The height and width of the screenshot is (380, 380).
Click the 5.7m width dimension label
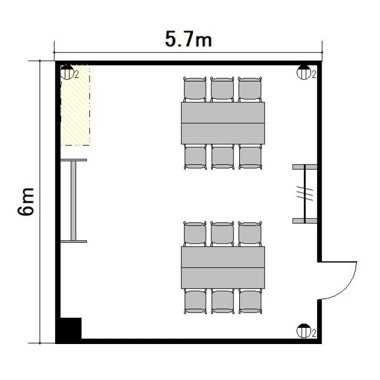tap(188, 39)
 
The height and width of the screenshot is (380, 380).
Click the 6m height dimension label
tap(26, 201)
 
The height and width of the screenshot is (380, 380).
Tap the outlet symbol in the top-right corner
tap(304, 72)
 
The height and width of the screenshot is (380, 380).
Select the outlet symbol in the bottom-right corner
tap(304, 331)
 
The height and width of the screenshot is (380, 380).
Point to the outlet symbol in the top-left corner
tap(67, 72)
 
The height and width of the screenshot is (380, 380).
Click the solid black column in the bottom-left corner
tap(68, 330)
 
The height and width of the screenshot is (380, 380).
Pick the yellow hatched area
tap(75, 105)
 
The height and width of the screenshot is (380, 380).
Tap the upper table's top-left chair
tap(195, 89)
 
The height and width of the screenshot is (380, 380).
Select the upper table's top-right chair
tap(250, 89)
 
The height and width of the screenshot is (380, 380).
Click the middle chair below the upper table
tap(222, 157)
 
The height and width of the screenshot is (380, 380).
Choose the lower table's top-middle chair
tap(222, 234)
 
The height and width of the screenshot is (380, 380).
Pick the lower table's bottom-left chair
tap(196, 301)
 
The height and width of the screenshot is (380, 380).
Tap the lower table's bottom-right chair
tap(250, 301)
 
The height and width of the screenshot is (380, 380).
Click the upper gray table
tap(223, 123)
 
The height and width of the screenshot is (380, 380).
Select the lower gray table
tap(223, 268)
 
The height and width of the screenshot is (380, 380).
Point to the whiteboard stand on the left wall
tap(73, 201)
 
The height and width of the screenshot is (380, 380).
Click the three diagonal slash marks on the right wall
tap(305, 194)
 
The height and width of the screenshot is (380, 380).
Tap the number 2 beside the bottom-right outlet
tap(314, 333)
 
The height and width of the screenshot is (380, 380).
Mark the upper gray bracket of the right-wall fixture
tap(305, 167)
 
